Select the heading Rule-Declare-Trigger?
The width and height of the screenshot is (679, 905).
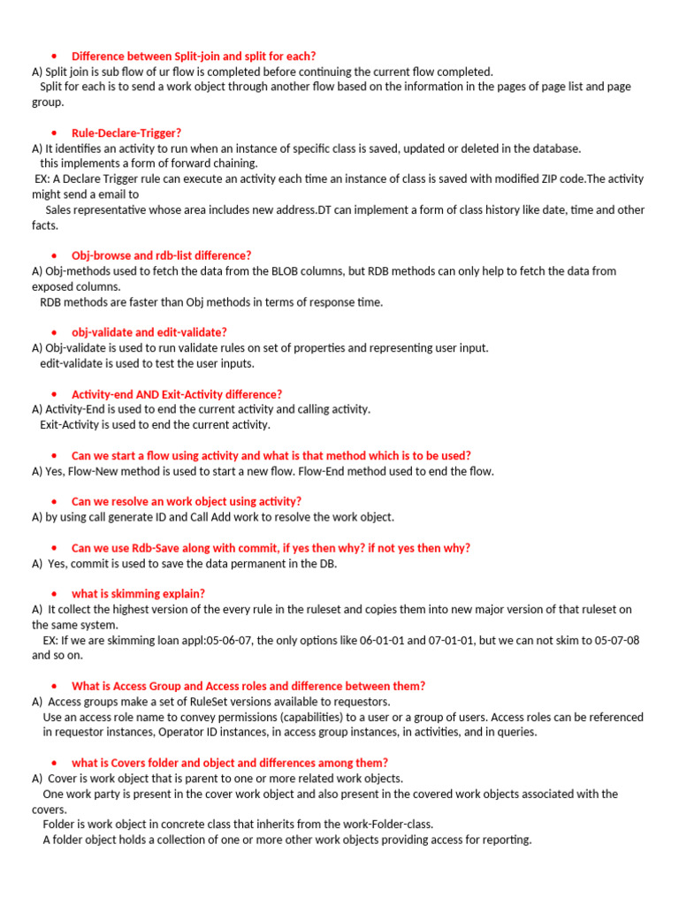point(126,133)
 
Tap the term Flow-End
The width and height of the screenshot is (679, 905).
point(325,471)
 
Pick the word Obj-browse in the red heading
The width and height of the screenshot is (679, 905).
point(101,255)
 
